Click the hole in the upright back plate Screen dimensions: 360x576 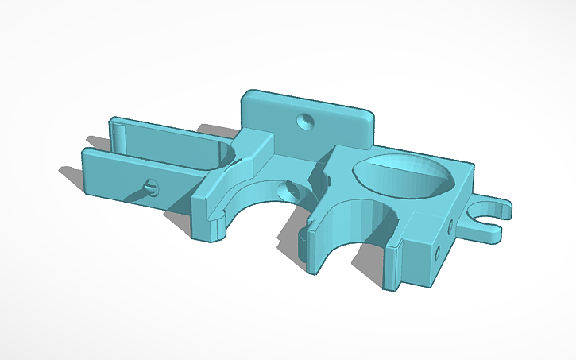coord(304,122)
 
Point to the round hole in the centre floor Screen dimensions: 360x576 coord(289,191)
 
